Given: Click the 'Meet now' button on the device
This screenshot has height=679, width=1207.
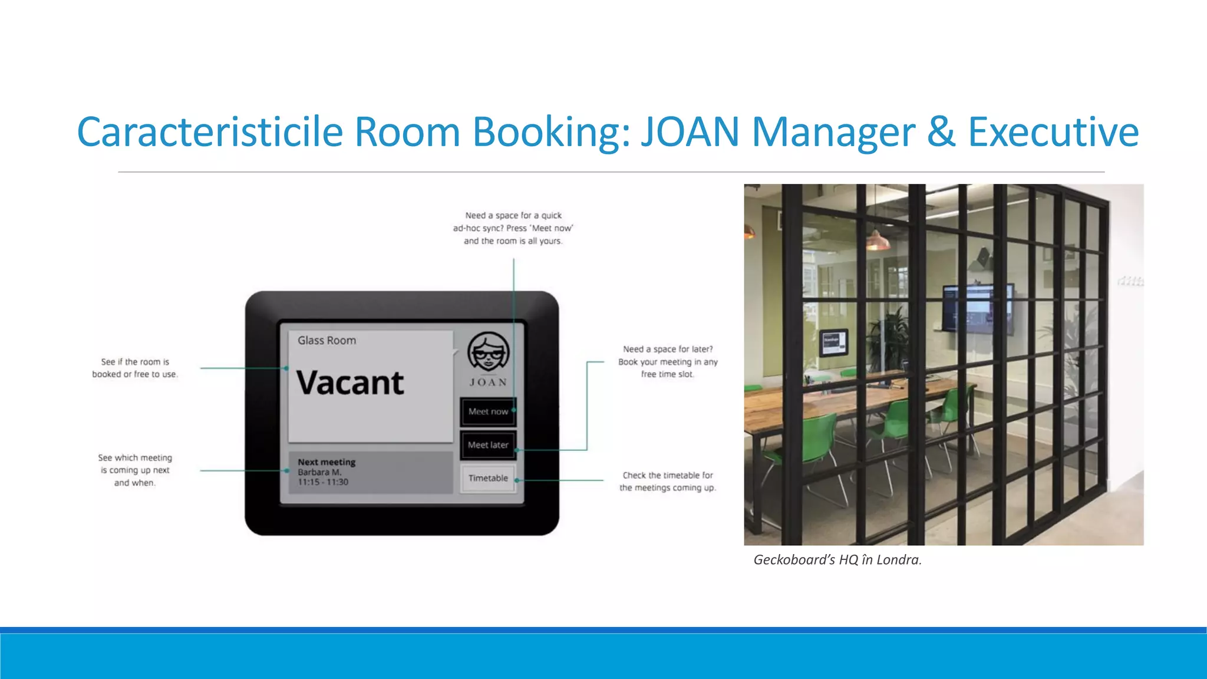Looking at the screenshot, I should click(x=488, y=411).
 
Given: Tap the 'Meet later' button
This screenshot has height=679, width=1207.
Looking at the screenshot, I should click(x=488, y=445).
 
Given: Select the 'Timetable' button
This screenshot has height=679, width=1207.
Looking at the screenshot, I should click(x=488, y=478).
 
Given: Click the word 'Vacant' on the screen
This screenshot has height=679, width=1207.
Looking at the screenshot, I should click(x=350, y=383).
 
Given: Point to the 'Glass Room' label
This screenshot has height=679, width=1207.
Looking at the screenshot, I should click(x=327, y=341).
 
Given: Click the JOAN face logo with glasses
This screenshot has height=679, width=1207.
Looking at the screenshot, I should click(x=488, y=352).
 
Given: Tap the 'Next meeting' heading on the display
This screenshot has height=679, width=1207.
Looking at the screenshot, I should click(x=327, y=462).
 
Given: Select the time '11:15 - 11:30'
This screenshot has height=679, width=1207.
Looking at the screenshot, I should click(x=323, y=482).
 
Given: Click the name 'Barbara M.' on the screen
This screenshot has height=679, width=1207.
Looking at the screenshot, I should click(x=319, y=472).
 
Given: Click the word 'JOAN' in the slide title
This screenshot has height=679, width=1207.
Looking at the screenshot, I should click(x=690, y=131).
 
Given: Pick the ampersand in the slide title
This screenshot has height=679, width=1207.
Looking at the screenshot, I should click(x=941, y=131).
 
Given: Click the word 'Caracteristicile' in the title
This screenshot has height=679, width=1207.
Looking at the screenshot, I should click(x=210, y=131).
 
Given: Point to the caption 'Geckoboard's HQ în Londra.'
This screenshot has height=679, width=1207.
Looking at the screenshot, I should click(x=837, y=560).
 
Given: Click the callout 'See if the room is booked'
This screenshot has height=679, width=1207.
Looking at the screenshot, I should click(x=135, y=368).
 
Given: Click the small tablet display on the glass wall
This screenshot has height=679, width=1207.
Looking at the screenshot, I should click(x=834, y=342).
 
